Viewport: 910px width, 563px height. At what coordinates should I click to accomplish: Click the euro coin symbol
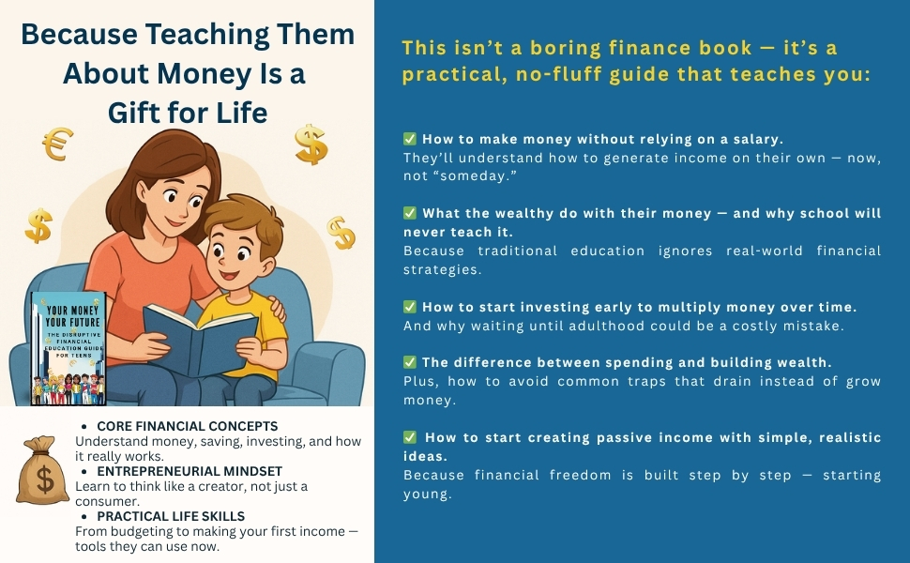58,145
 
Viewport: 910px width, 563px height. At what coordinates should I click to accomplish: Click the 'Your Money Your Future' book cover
68,348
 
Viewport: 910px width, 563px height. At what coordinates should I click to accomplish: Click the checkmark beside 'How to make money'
410,138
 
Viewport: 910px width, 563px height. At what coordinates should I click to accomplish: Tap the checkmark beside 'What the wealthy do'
410,213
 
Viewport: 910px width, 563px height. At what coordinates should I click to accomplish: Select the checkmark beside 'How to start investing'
410,306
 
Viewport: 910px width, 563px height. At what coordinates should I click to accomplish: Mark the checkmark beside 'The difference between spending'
410,361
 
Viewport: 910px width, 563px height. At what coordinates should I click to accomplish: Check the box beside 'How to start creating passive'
410,436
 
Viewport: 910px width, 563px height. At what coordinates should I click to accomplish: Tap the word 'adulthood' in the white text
636,326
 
